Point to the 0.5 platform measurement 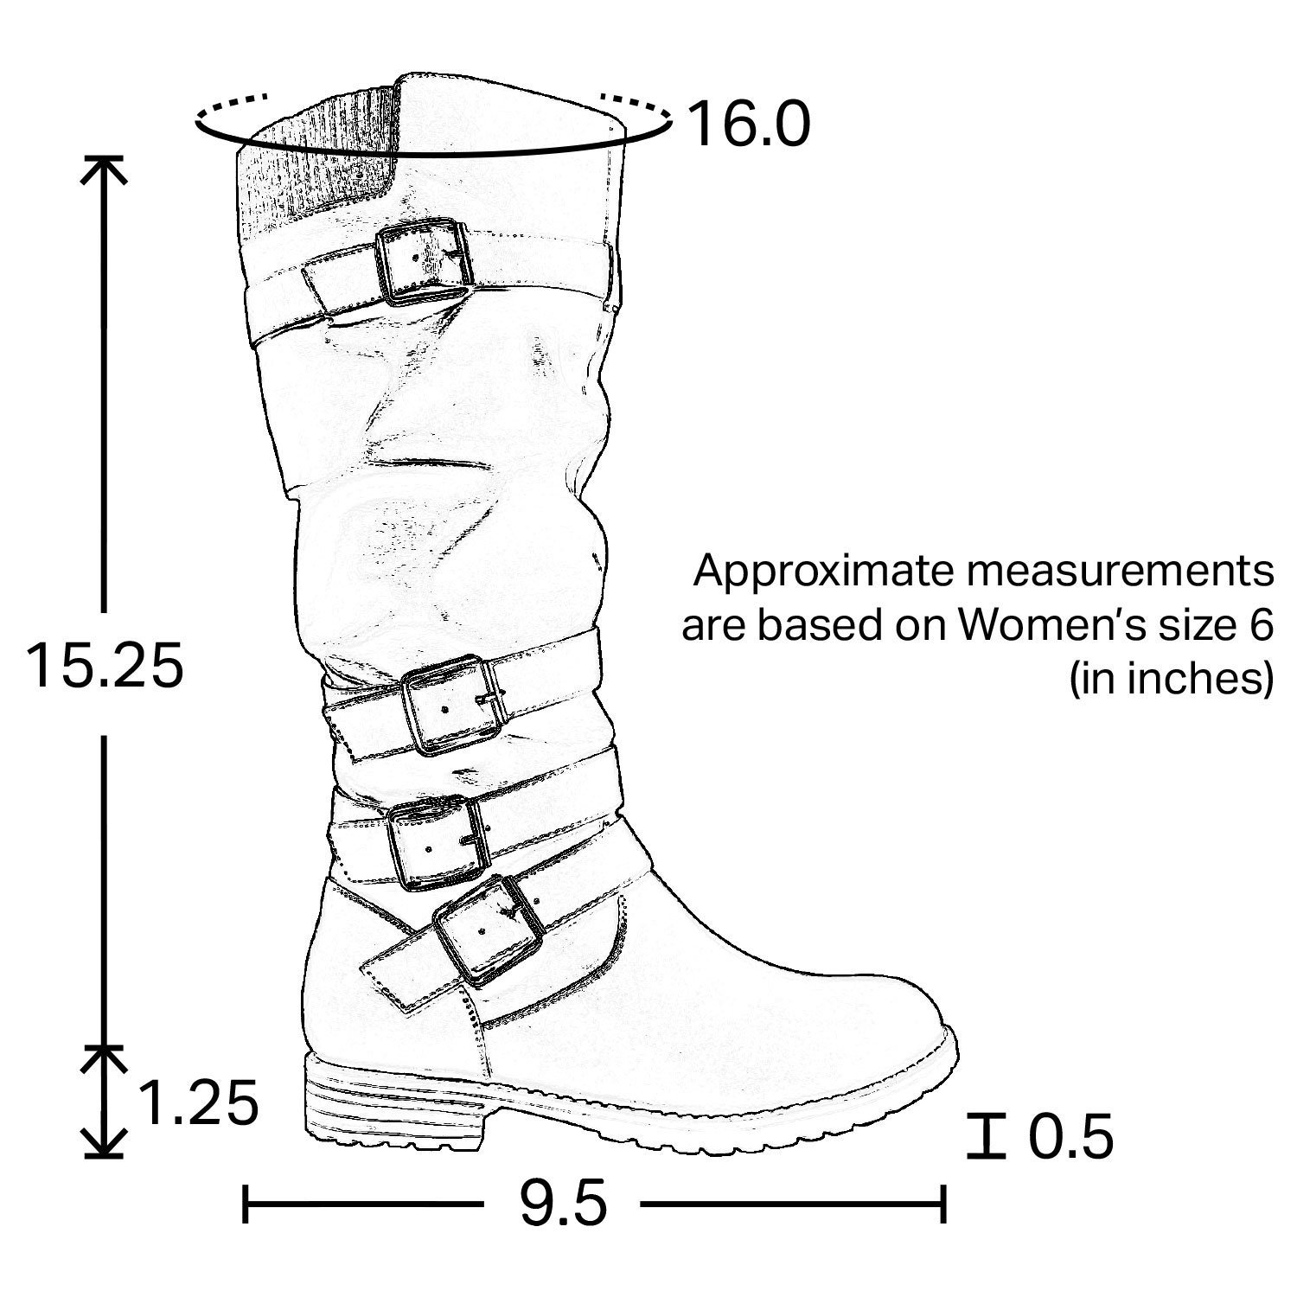click(1070, 1137)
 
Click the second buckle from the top click(453, 704)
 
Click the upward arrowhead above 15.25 click(104, 169)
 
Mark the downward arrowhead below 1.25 click(104, 1146)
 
